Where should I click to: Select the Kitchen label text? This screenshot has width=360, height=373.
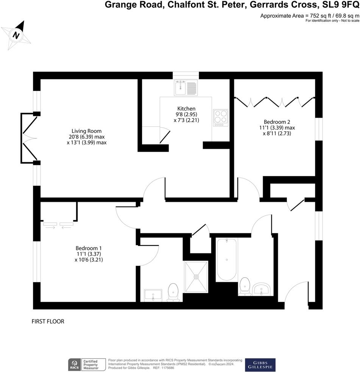pyautogui.click(x=186, y=108)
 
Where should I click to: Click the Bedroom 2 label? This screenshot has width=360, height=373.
pyautogui.click(x=277, y=122)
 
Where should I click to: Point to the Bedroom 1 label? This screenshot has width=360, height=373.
pyautogui.click(x=89, y=249)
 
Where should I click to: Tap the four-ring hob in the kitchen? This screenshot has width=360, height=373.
pyautogui.click(x=221, y=117)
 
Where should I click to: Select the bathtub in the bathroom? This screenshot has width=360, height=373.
pyautogui.click(x=226, y=260)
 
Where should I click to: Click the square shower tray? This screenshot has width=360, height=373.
pyautogui.click(x=196, y=277)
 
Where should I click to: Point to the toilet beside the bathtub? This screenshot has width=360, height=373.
pyautogui.click(x=245, y=286)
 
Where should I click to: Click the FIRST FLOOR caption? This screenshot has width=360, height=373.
pyautogui.click(x=48, y=322)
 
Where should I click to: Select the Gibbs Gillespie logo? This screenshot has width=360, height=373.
pyautogui.click(x=260, y=365)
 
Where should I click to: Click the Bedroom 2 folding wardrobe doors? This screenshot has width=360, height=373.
pyautogui.click(x=274, y=101)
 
